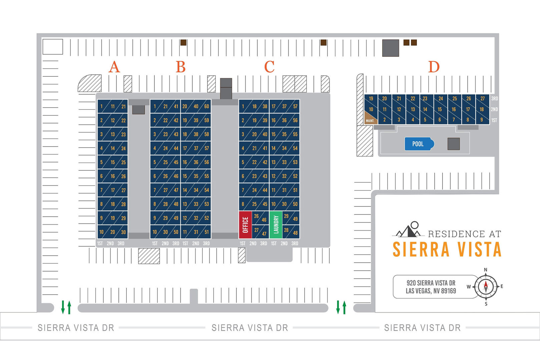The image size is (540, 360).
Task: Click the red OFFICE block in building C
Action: point(245,225)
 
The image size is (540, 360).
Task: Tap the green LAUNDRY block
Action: point(276,225)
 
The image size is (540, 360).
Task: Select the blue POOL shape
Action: point(419,144)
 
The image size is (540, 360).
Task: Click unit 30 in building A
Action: point(123,232)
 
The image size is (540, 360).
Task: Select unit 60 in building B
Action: point(206,106)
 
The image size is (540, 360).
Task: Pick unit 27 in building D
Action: point(482,99)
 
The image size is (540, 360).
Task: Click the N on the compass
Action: point(486,270)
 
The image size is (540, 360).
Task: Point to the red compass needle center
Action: point(486,287)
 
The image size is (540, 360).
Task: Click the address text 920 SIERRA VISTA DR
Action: point(431,283)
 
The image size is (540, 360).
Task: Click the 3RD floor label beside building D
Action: point(494,99)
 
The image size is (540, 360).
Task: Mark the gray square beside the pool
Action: point(454,144)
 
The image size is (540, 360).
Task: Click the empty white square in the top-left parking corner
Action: point(53,47)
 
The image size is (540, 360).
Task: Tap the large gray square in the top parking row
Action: point(391,48)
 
